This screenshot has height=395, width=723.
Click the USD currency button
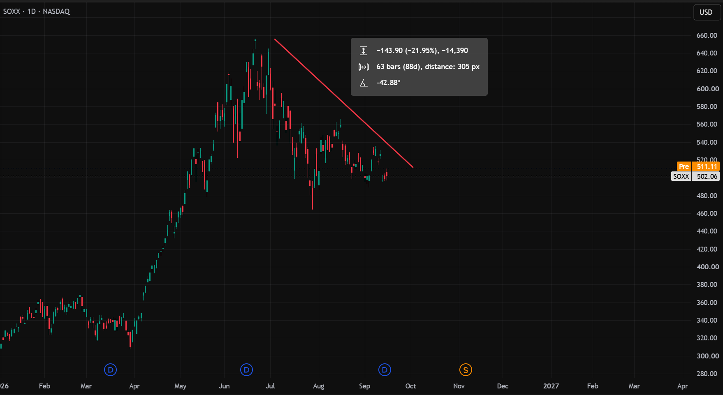[706, 12]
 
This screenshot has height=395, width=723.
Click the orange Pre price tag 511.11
[698, 166]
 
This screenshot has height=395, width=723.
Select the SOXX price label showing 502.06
[695, 176]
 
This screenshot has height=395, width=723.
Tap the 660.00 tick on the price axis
[707, 35]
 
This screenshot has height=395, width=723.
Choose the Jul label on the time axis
[270, 386]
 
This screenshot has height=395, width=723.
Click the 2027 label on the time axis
[551, 386]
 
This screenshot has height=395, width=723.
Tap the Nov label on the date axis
[459, 386]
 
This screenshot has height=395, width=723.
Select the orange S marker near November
[466, 370]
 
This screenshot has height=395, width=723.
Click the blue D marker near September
[385, 370]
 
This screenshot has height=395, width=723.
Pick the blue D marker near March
[110, 370]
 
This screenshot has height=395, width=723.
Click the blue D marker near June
[246, 370]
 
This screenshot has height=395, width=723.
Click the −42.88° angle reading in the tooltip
[388, 83]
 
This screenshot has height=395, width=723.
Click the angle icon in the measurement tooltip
[364, 83]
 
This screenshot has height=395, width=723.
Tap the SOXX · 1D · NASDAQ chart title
[37, 12]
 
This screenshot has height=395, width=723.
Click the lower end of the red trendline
[413, 167]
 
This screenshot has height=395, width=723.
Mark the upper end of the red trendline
[275, 39]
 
